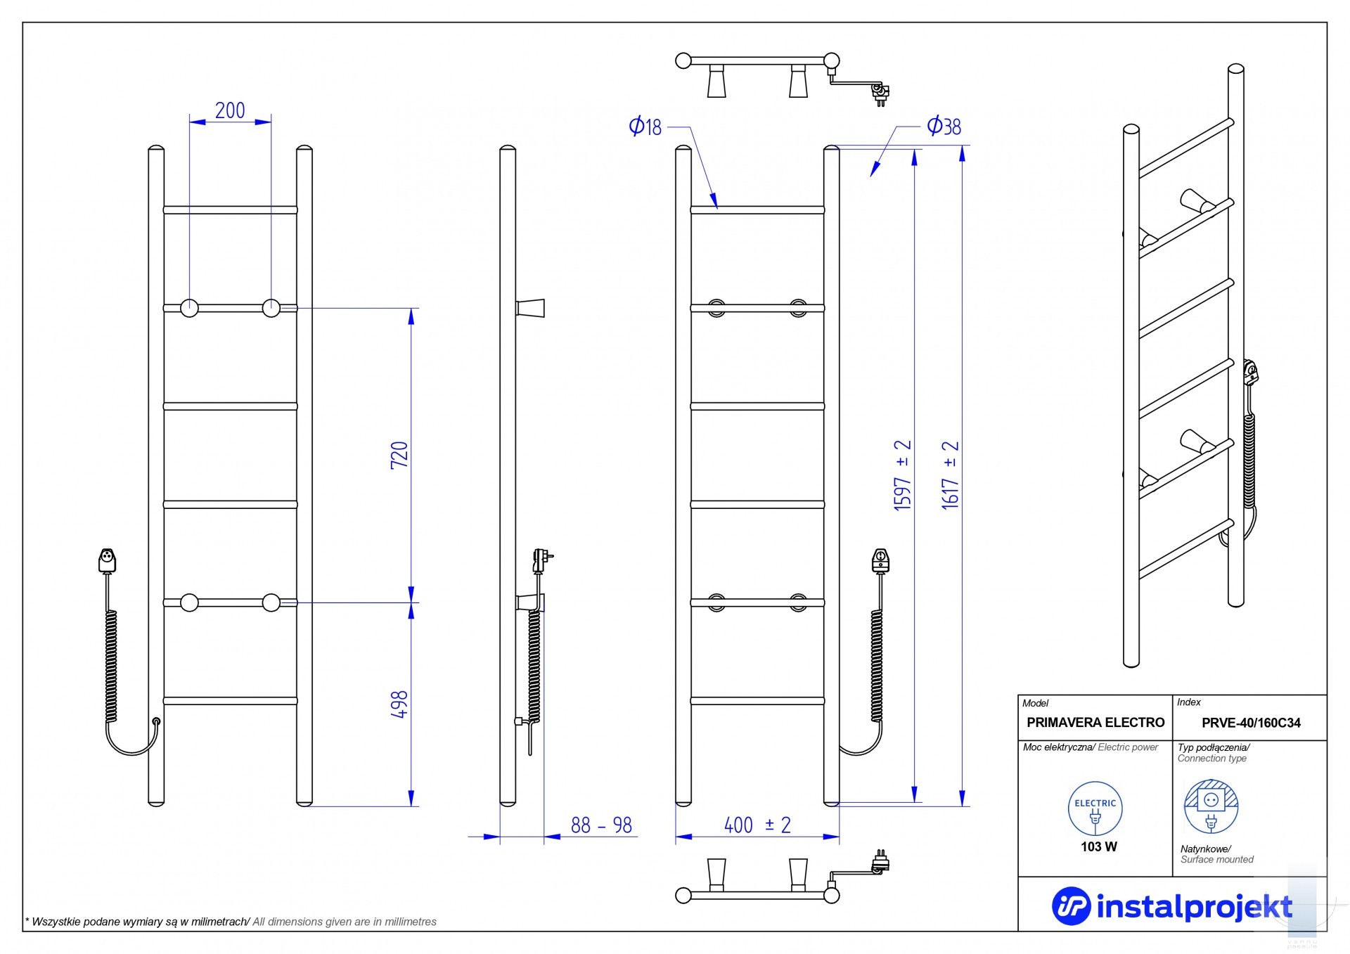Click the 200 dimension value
click(x=230, y=110)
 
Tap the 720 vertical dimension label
click(x=399, y=455)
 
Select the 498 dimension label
click(x=399, y=704)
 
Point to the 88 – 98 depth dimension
click(x=601, y=825)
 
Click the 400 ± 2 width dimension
click(x=757, y=825)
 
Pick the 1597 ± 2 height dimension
click(x=902, y=475)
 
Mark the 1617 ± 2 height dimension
click(x=950, y=475)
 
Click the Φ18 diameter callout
click(x=645, y=127)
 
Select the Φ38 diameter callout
click(x=944, y=127)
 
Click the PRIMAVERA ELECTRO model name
click(x=1095, y=723)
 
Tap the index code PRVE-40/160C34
click(x=1251, y=723)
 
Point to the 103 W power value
click(x=1098, y=847)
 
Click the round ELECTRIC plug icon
click(x=1095, y=808)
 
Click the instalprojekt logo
click(x=1171, y=907)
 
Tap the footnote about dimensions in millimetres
click(x=231, y=922)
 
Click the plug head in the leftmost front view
click(x=107, y=560)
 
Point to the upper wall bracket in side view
click(x=530, y=308)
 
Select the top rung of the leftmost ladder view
click(x=230, y=210)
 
